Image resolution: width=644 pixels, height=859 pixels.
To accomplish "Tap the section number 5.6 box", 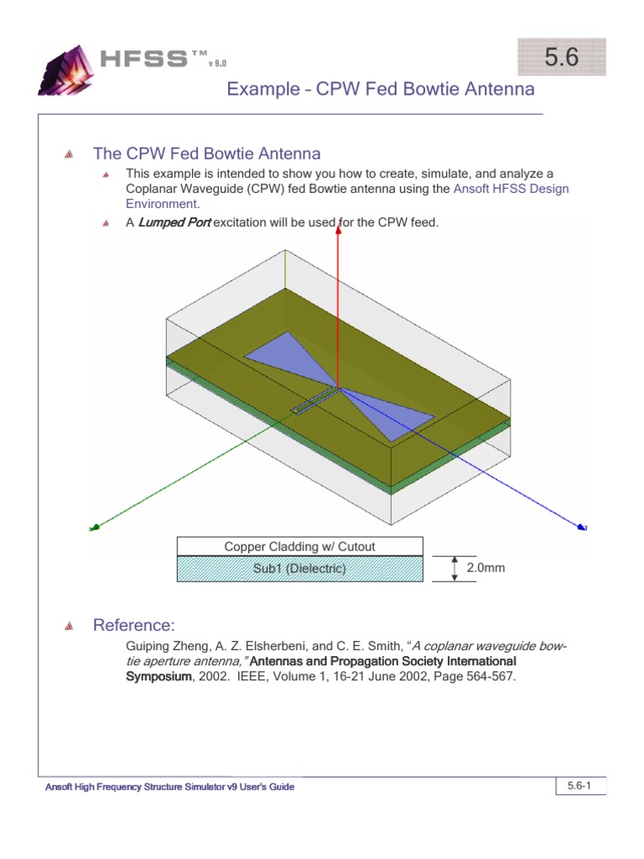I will tap(561, 58).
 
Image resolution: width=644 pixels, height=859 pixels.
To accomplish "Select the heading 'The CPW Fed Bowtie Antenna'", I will tap(206, 154).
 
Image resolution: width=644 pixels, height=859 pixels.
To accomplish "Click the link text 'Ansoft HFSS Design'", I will tap(511, 189).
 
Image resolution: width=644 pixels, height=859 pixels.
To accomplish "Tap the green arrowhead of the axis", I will tap(96, 527).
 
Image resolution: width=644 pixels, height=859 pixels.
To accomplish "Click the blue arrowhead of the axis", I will tap(580, 526).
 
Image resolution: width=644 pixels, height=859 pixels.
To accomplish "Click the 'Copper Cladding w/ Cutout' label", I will tap(299, 546).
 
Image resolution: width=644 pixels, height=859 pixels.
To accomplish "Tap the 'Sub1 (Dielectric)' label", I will tap(299, 569).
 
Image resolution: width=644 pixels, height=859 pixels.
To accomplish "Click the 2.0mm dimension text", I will tap(486, 568).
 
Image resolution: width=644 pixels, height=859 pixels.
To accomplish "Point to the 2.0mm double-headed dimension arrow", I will tap(454, 568).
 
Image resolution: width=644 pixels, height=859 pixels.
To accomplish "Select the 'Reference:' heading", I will tap(134, 625).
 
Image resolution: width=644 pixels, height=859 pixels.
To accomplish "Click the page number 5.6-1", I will tap(580, 786).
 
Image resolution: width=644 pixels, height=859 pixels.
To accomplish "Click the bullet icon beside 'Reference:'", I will tap(70, 626).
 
